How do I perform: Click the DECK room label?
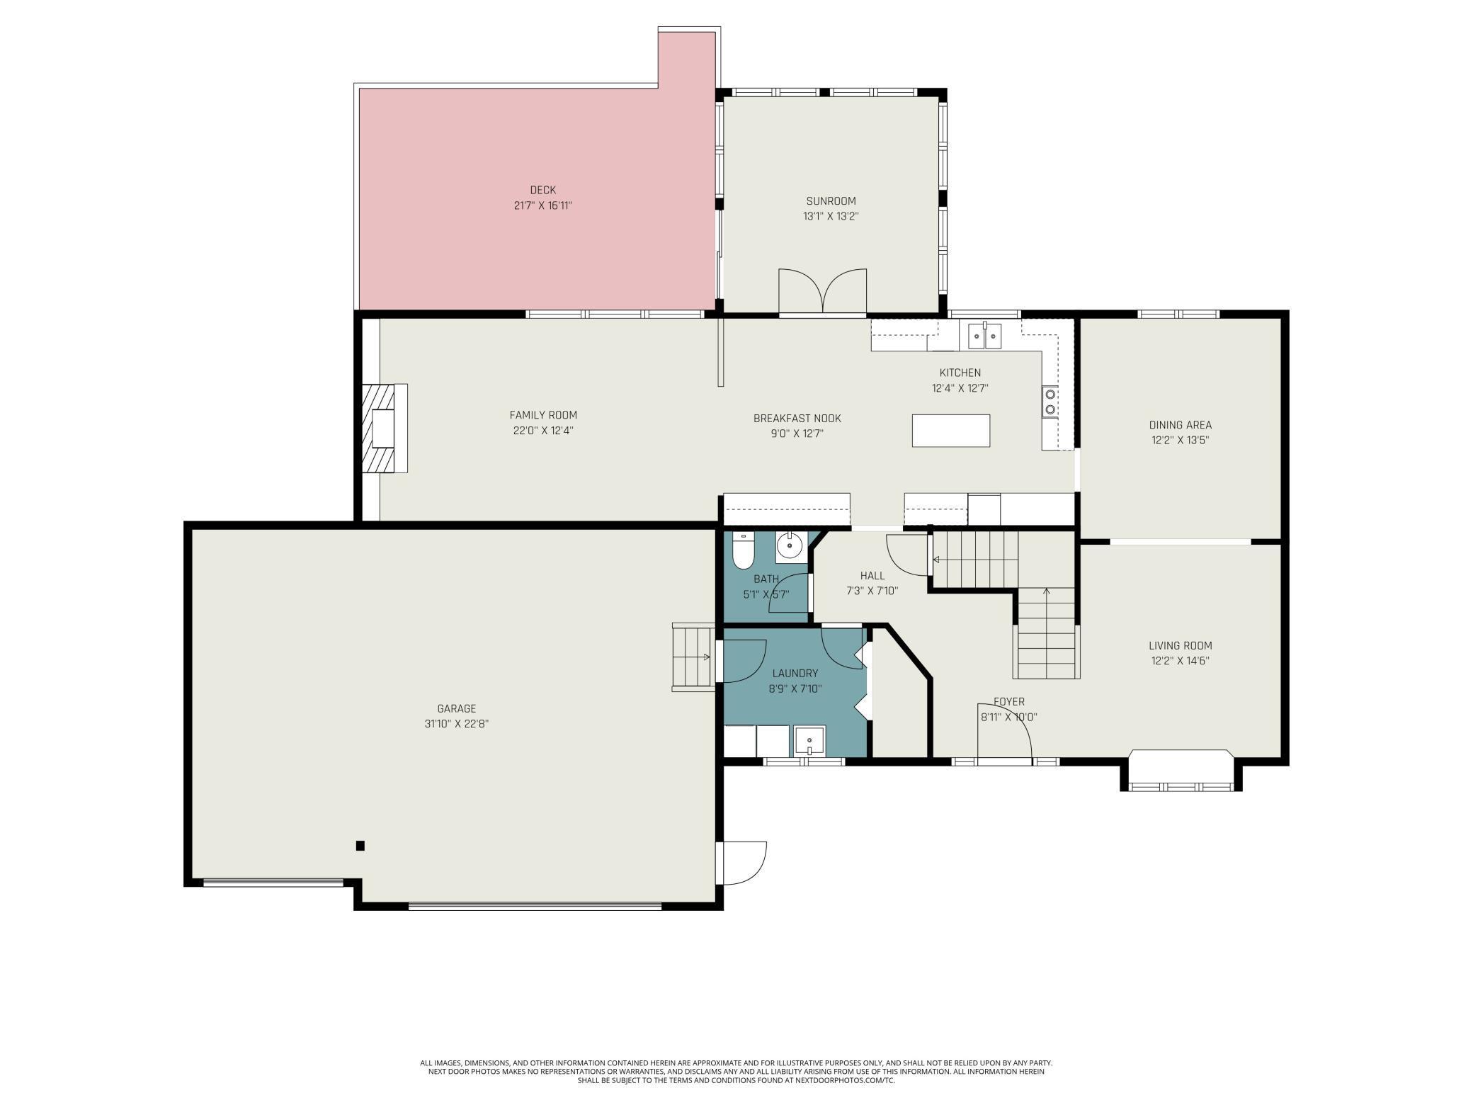tap(542, 190)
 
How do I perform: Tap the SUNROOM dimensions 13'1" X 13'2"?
tap(831, 217)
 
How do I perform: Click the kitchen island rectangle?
tap(950, 431)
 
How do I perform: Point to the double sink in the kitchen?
tap(984, 334)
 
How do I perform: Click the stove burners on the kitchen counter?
tap(1050, 402)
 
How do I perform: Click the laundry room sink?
tap(809, 741)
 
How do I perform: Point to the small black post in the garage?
tap(360, 845)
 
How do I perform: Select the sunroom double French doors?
tap(822, 292)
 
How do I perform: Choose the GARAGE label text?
tap(456, 708)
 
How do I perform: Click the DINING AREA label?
tap(1180, 425)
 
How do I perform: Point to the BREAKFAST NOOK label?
tap(797, 419)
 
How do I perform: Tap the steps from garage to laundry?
tap(693, 657)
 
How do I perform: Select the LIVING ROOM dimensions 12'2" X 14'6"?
tap(1180, 661)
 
